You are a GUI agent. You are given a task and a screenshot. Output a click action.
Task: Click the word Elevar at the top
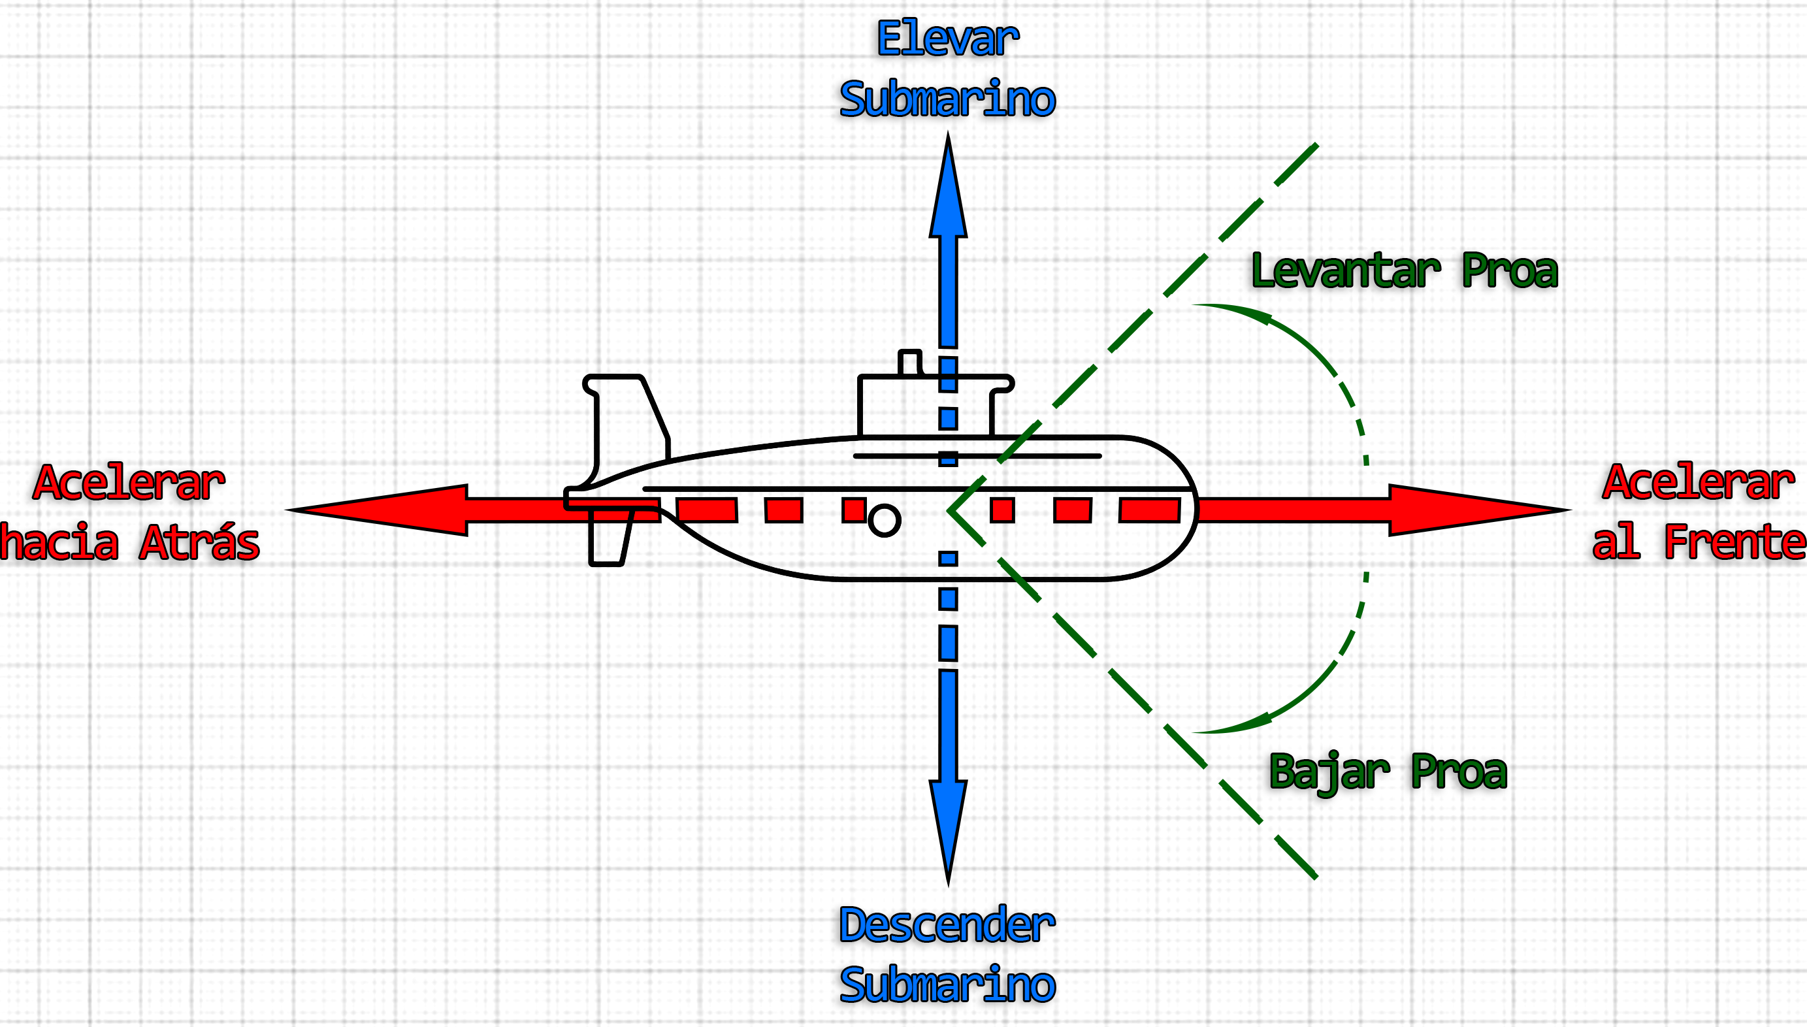click(x=947, y=39)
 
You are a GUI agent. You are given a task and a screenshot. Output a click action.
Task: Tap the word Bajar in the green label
click(x=1329, y=772)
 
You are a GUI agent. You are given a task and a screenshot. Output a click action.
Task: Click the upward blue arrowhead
click(x=948, y=191)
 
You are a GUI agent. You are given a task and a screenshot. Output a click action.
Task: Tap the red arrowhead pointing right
click(x=1474, y=510)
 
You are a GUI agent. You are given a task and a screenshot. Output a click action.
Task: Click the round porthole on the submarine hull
click(x=885, y=521)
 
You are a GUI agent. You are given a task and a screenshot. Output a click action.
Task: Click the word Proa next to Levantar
click(x=1508, y=271)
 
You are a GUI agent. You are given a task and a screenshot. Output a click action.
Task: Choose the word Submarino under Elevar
click(x=947, y=99)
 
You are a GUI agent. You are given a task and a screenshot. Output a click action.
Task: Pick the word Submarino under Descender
click(x=947, y=985)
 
